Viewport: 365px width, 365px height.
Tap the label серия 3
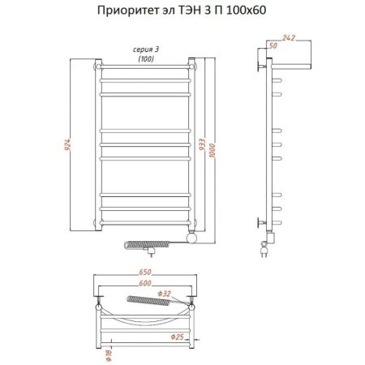click(x=145, y=50)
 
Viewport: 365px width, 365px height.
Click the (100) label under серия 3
click(x=145, y=59)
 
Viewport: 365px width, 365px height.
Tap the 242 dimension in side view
click(x=290, y=38)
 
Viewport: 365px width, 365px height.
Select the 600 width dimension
click(x=146, y=283)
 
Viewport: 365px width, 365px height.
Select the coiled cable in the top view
click(x=150, y=303)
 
